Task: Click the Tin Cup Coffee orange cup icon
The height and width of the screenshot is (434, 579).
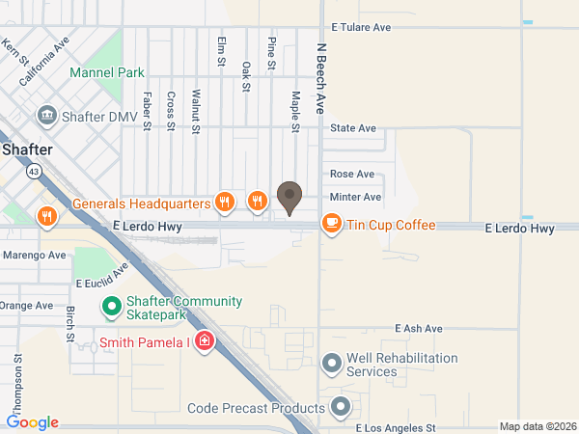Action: (332, 225)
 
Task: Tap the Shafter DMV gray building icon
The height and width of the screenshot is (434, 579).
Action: (46, 117)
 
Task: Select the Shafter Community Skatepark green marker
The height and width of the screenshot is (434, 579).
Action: (111, 308)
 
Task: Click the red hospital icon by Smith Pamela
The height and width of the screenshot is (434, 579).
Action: (205, 342)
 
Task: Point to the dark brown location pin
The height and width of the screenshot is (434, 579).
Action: (289, 198)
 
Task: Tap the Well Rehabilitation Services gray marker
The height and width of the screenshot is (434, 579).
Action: (332, 364)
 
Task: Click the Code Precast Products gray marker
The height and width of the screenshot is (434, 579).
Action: (340, 407)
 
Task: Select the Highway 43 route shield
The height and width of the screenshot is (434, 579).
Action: (34, 171)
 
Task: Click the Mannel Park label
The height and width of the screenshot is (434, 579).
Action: (106, 72)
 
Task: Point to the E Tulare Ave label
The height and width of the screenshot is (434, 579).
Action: (361, 28)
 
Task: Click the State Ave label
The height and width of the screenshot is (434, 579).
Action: (352, 128)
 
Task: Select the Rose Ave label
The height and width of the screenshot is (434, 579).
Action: (351, 175)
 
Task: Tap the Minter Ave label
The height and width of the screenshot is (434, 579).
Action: (356, 197)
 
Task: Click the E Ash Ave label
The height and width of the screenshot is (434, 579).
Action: (418, 329)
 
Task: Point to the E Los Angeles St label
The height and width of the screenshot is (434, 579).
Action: (397, 426)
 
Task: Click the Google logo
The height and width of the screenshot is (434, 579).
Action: (33, 422)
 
